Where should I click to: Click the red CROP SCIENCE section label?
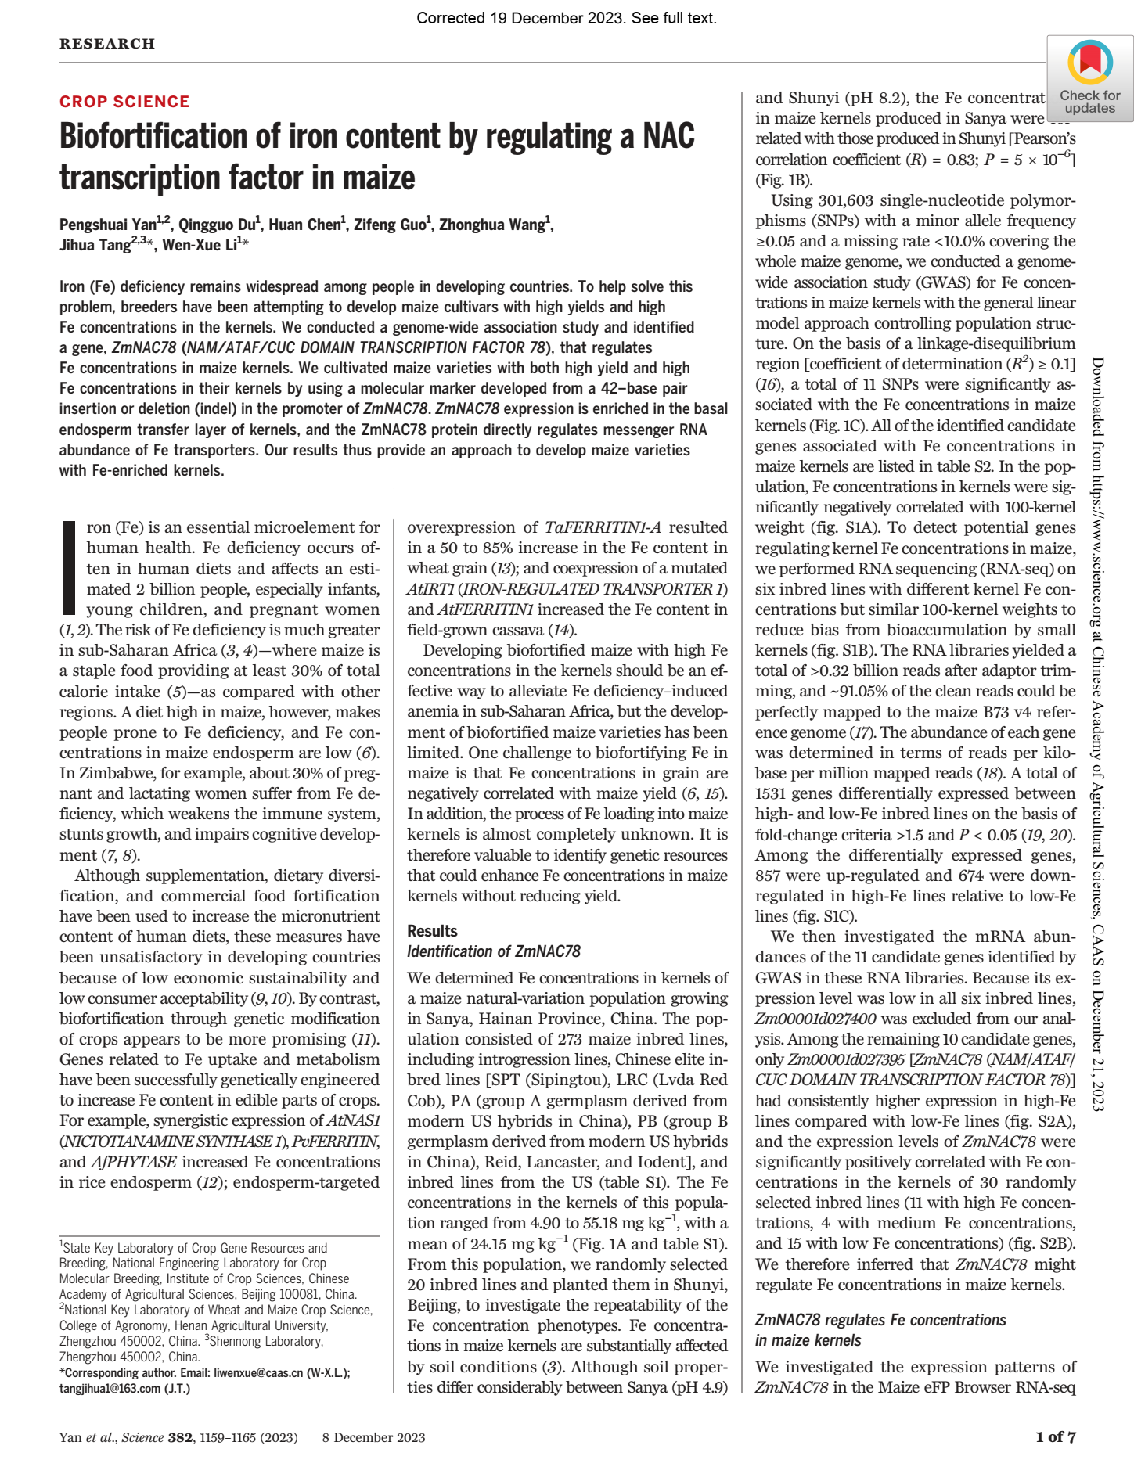pos(124,102)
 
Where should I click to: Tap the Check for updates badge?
pos(1089,78)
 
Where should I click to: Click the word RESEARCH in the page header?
pos(107,44)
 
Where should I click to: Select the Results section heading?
pos(432,931)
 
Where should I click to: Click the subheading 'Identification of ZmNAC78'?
pos(494,951)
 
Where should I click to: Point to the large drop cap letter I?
pos(69,568)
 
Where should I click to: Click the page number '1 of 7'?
pos(1055,1436)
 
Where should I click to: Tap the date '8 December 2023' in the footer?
pos(373,1437)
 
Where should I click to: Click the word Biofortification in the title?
pos(157,137)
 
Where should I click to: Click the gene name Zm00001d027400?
pos(815,1019)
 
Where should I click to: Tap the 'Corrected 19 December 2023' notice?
pos(567,18)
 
